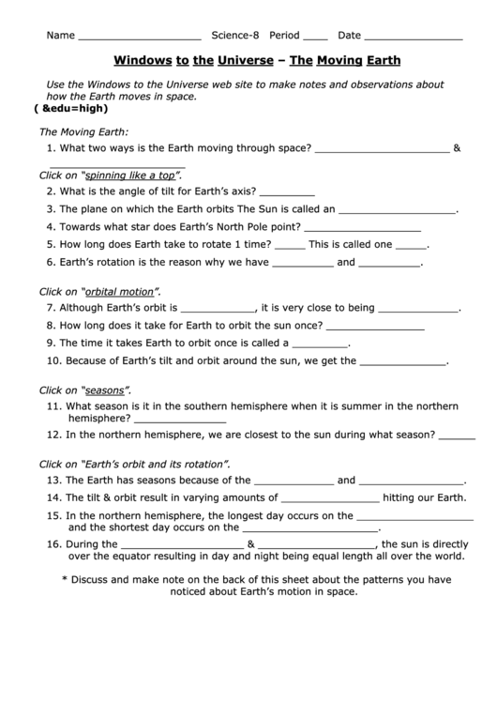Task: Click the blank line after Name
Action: pos(139,38)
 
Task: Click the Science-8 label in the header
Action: pos(234,36)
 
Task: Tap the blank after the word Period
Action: pos(316,38)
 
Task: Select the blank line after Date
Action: pos(414,38)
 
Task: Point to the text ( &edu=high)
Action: pos(67,109)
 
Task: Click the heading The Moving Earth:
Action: pos(83,131)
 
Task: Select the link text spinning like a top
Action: pos(129,176)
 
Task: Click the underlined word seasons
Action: pos(105,390)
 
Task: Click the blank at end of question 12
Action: pos(457,436)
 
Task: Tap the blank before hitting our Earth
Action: pos(330,499)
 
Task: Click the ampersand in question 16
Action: pos(250,543)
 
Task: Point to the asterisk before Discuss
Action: pos(65,579)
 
